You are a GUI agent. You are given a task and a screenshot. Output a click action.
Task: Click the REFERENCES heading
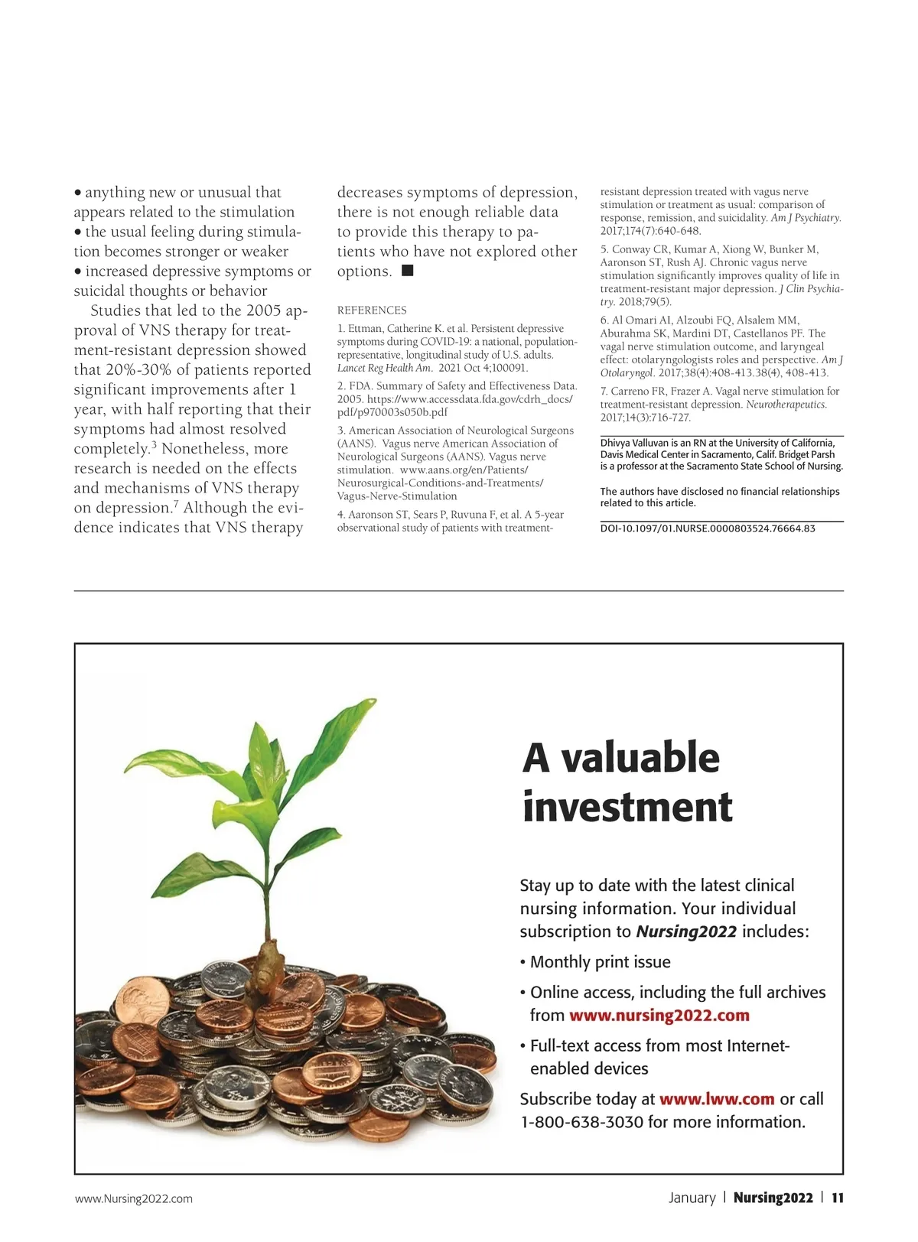pos(372,310)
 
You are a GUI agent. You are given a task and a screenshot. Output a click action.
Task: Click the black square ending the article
pos(408,270)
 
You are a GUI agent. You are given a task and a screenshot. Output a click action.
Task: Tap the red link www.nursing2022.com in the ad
pos(659,1016)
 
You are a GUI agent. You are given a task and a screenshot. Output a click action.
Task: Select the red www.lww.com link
pos(717,1099)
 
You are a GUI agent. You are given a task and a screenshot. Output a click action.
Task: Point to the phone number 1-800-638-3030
pos(581,1122)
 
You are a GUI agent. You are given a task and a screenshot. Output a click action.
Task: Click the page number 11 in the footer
pos(838,1198)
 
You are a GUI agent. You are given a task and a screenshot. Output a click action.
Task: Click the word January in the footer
pos(692,1198)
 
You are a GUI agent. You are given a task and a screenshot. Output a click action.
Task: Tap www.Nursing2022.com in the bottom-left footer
pos(134,1198)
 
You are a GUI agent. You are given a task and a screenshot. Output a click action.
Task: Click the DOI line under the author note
pos(708,528)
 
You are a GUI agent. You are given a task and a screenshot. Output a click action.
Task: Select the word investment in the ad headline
pos(627,807)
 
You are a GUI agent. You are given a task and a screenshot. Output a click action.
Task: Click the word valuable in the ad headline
pos(640,758)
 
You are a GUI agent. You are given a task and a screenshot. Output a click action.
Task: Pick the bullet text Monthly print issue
pos(600,962)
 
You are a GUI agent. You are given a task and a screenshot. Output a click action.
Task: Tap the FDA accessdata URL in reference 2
pos(469,399)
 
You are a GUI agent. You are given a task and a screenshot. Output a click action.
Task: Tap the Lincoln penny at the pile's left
pos(142,1003)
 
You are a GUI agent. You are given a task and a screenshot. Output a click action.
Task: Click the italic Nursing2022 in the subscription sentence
pos(686,931)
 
